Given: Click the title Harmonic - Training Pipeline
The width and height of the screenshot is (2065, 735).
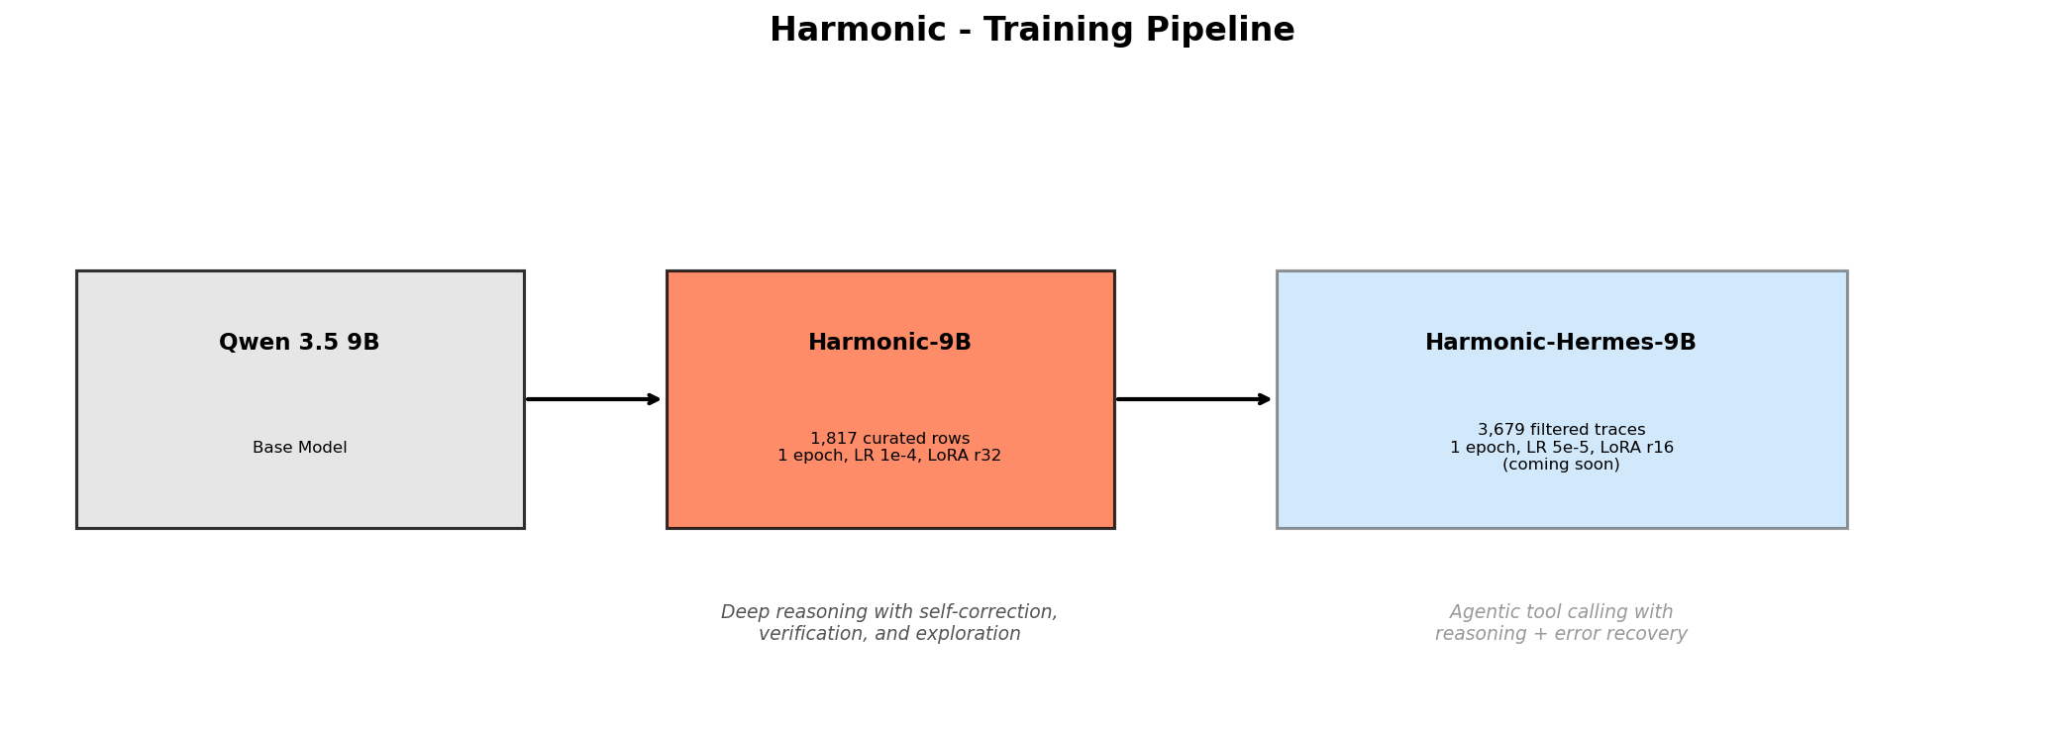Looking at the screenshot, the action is (1032, 31).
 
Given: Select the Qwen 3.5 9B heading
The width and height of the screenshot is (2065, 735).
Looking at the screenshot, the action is (299, 343).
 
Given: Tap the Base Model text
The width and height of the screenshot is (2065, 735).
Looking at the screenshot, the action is (300, 448).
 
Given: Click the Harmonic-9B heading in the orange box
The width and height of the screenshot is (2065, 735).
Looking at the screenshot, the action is (889, 343).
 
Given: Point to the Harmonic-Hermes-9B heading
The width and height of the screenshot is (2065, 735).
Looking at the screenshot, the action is (1561, 343).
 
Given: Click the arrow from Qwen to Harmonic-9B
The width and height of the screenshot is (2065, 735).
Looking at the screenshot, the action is (593, 399).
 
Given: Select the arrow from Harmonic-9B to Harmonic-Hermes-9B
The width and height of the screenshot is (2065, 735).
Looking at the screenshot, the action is (1193, 399).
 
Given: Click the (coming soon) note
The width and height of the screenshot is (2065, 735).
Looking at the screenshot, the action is (1561, 465).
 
